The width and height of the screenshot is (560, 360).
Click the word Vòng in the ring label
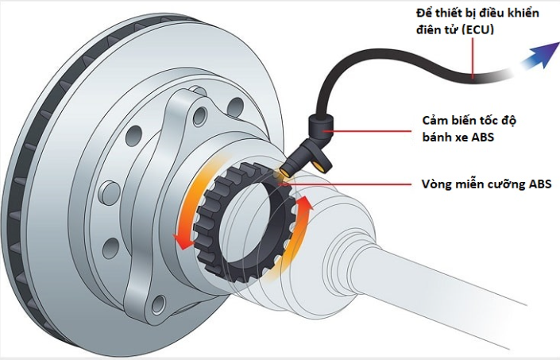[x=435, y=185]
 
